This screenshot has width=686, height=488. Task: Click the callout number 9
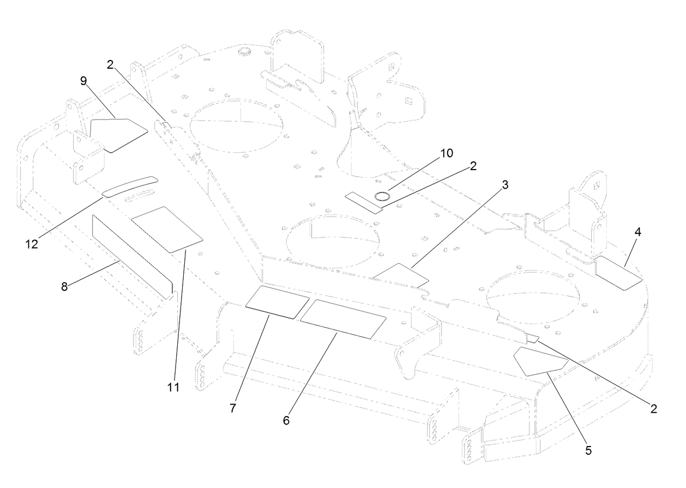pyautogui.click(x=83, y=81)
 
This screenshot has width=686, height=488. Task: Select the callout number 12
pyautogui.click(x=32, y=244)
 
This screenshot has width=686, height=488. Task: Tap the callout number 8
pyautogui.click(x=64, y=287)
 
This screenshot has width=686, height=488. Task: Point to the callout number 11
pyautogui.click(x=174, y=388)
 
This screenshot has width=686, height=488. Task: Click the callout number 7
pyautogui.click(x=233, y=408)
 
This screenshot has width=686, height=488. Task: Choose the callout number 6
pyautogui.click(x=286, y=421)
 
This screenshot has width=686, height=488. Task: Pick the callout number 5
pyautogui.click(x=588, y=451)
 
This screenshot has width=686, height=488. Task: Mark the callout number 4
pyautogui.click(x=637, y=231)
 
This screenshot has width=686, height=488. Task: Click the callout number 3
pyautogui.click(x=505, y=184)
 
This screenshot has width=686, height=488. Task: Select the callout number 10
pyautogui.click(x=447, y=153)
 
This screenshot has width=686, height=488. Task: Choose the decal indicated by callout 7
pyautogui.click(x=277, y=302)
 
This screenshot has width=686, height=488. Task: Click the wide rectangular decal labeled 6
pyautogui.click(x=344, y=318)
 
